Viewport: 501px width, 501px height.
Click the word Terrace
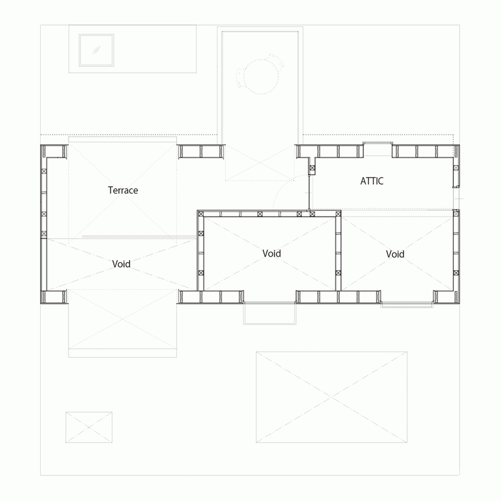point(123,190)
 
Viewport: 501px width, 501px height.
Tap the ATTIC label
point(371,181)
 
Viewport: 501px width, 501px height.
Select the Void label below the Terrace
point(122,264)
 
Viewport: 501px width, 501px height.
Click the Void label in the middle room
point(271,253)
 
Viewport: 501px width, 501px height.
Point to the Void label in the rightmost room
point(395,254)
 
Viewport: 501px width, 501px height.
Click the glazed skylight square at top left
point(96,50)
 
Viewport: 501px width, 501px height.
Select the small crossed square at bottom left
point(89,427)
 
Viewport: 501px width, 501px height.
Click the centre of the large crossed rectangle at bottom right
point(331,397)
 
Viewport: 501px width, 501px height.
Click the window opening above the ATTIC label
point(378,149)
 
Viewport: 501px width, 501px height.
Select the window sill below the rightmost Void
point(407,305)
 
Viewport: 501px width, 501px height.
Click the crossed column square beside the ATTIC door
point(312,168)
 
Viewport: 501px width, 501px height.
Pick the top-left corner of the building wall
point(41,145)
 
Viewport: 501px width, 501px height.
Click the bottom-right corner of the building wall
point(459,303)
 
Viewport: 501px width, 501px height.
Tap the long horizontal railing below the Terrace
point(139,237)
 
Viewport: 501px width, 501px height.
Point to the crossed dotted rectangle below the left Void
point(123,319)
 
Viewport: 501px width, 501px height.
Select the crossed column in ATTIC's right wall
point(456,168)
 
